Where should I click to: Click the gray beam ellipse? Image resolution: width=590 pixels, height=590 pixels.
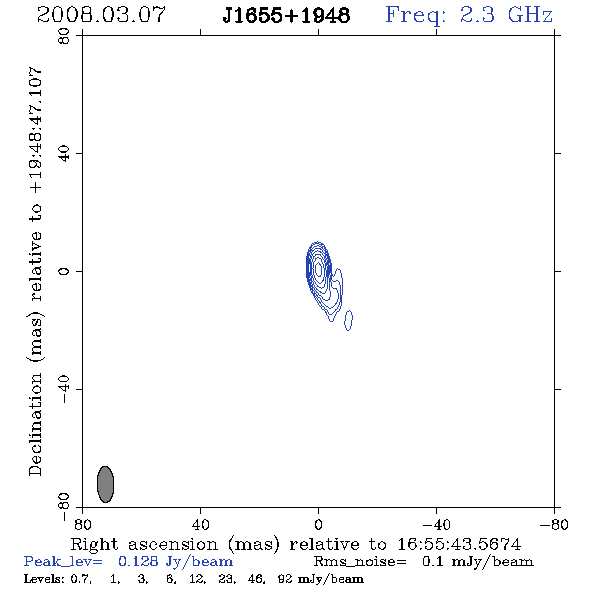tap(105, 484)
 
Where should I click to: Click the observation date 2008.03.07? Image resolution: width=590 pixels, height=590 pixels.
tap(101, 15)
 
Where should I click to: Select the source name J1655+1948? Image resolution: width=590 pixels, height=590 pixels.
tap(286, 15)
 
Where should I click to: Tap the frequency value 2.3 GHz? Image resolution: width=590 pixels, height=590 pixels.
tap(506, 15)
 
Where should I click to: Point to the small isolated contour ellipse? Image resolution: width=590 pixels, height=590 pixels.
tap(348, 320)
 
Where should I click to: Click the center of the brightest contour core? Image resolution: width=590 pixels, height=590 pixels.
tap(319, 269)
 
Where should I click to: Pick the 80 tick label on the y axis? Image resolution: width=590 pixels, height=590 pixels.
tap(64, 36)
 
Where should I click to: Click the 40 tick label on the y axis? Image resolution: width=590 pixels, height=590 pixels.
tap(64, 154)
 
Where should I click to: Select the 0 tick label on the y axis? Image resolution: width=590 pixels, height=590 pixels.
tap(64, 271)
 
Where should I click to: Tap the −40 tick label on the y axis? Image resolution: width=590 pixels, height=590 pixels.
tap(64, 389)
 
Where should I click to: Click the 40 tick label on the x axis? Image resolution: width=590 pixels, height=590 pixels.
tap(201, 525)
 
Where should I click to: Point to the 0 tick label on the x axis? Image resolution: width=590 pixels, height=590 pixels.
tap(318, 525)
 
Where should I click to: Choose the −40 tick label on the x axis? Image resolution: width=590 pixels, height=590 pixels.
tap(436, 525)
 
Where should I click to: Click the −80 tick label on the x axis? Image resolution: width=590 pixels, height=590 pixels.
tap(554, 525)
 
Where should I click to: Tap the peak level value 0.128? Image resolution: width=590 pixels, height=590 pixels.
tap(138, 561)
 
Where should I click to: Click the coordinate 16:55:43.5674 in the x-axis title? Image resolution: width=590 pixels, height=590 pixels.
tap(459, 544)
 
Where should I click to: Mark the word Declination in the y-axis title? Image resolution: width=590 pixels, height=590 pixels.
tap(35, 425)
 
